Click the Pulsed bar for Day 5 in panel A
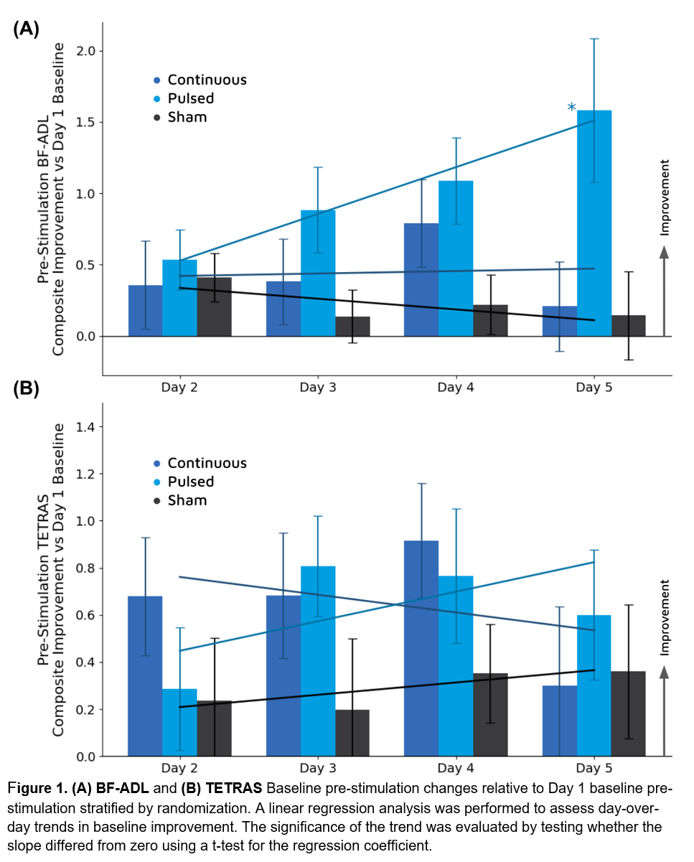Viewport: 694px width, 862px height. (594, 223)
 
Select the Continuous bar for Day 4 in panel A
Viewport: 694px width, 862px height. (421, 280)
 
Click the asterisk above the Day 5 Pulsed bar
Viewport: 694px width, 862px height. (571, 108)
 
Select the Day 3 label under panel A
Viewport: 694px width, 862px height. (318, 388)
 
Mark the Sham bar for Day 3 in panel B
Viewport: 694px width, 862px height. (352, 733)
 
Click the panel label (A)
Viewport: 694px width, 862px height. (26, 29)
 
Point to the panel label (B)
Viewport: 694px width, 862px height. (26, 389)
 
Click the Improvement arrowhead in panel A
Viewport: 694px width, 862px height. (664, 252)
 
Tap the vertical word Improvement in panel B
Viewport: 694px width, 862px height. (665, 617)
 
